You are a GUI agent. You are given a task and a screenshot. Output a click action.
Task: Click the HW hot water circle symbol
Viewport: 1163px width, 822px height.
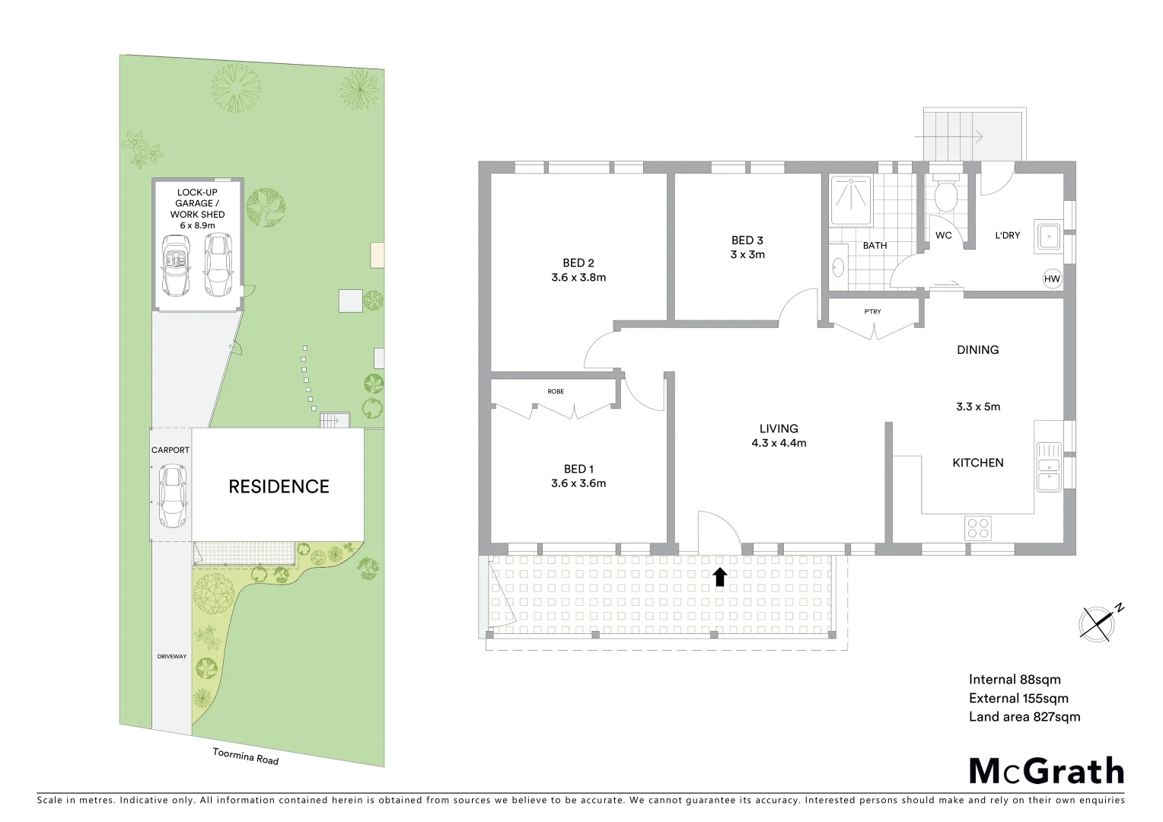coord(1052,279)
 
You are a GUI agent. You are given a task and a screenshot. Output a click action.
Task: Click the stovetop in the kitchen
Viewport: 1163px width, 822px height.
coord(978,527)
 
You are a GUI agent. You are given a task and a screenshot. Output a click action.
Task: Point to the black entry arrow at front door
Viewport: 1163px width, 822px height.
coord(719,577)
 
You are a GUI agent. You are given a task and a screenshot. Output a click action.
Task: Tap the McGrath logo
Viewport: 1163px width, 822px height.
coord(1047,771)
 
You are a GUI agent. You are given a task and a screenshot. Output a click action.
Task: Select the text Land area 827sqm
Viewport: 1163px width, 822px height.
coord(1024,716)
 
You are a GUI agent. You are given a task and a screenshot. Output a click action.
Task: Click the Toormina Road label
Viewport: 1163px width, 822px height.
coord(245,756)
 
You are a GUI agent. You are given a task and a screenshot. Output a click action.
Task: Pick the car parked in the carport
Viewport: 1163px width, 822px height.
coord(172,496)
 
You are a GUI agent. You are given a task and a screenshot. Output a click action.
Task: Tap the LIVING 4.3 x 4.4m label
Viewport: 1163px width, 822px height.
coord(779,435)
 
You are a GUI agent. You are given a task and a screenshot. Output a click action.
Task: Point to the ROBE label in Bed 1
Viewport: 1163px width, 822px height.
coord(556,391)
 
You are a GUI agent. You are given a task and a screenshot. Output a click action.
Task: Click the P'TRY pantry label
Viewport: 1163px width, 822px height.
coord(873,311)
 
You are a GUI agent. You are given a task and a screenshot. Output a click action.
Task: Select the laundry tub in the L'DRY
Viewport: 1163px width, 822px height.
coord(1048,236)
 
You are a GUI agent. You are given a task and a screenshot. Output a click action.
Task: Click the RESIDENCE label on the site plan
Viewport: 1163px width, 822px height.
coord(279,486)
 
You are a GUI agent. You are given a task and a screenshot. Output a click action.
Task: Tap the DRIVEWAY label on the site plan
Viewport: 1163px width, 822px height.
coord(171,656)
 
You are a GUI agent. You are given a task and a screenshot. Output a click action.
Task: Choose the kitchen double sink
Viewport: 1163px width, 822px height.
coord(1048,467)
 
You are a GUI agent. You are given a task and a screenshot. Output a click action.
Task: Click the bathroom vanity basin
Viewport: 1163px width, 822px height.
coord(838,267)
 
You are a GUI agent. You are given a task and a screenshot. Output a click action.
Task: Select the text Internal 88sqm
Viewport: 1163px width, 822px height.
coord(1014,680)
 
